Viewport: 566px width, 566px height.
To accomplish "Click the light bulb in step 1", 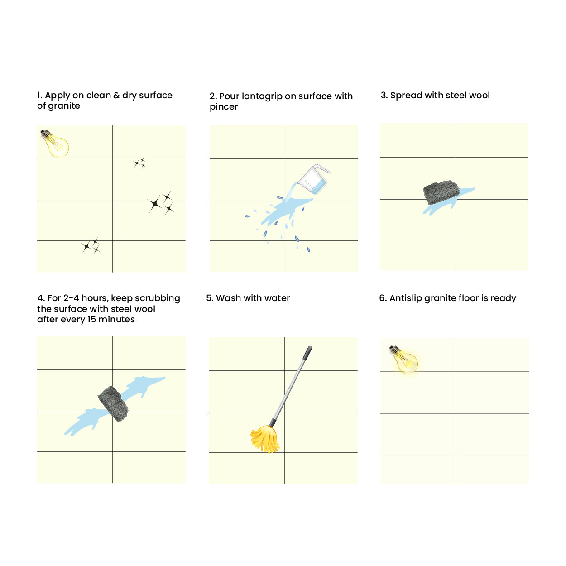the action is pos(55,144).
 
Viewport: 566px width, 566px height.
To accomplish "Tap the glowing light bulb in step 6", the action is pos(403,360).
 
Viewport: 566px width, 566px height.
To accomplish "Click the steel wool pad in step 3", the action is pos(441,192).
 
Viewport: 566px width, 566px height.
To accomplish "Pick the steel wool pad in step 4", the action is pos(113,404).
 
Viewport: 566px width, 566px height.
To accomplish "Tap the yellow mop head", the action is pos(265,439).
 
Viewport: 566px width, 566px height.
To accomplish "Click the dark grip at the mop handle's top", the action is pos(307,352).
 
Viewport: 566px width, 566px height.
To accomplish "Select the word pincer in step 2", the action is pos(224,107).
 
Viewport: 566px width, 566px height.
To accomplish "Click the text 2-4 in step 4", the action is pos(71,298).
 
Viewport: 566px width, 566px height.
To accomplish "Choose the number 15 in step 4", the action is pos(91,319).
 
